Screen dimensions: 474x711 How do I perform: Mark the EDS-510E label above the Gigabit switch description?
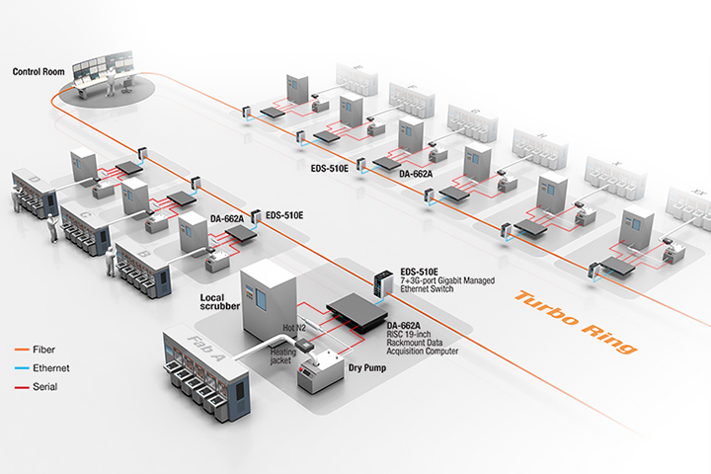pos(420,272)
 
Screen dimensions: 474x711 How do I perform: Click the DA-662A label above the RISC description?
pos(405,325)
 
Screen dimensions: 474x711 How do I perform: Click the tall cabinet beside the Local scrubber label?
pos(267,296)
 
